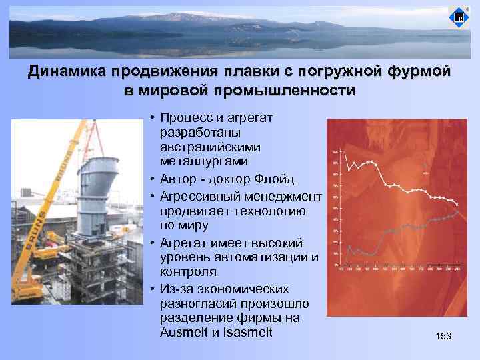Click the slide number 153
(443, 337)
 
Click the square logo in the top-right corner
(459, 18)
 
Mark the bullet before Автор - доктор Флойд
(153, 180)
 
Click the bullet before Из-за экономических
(153, 289)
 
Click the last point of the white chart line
(457, 203)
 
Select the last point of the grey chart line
(457, 211)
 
